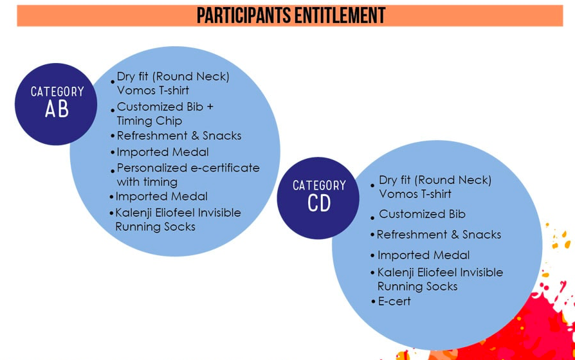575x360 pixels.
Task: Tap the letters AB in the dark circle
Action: click(x=57, y=109)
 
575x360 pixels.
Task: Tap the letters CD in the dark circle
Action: click(x=319, y=203)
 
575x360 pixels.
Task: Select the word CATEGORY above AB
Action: click(x=57, y=92)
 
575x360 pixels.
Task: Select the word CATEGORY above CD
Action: click(x=319, y=186)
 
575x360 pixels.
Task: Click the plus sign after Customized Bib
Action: click(x=210, y=107)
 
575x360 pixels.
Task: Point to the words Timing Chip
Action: click(x=149, y=121)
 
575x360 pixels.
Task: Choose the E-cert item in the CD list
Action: click(x=394, y=301)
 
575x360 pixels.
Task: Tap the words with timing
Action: click(x=147, y=182)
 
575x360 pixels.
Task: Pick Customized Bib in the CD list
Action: click(x=422, y=214)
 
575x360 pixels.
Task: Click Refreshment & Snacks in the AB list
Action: click(x=179, y=136)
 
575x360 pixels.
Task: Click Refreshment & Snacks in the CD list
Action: click(x=439, y=235)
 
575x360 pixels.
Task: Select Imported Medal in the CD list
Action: click(x=424, y=255)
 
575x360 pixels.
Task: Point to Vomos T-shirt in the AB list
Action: click(x=153, y=90)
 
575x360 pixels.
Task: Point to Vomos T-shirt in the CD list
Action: click(x=415, y=194)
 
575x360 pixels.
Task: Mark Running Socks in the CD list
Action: click(x=417, y=286)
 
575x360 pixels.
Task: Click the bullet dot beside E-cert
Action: click(x=373, y=302)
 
